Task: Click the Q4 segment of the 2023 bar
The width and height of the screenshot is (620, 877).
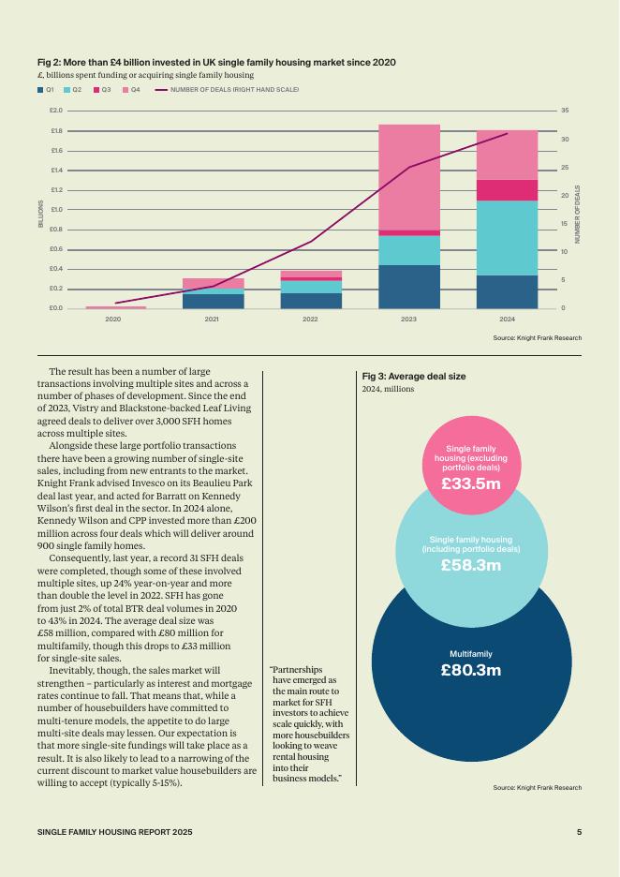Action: tap(409, 177)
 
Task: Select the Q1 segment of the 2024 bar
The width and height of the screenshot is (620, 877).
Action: tap(507, 291)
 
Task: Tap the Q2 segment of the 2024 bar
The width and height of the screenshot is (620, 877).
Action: tap(507, 238)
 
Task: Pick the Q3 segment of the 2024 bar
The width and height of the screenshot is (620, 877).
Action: tap(507, 190)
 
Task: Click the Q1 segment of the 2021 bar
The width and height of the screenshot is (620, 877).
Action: tap(213, 301)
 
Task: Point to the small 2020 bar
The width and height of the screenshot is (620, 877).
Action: tap(115, 307)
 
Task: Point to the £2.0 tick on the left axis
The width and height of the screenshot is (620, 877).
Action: tap(55, 111)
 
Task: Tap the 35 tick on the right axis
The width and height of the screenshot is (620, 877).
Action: tap(565, 111)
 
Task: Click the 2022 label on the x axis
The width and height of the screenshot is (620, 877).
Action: tap(310, 320)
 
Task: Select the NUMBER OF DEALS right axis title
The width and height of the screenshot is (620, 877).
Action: tap(578, 215)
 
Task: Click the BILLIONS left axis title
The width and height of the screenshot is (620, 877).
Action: tap(40, 214)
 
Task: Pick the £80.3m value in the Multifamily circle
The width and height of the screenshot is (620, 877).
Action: tap(471, 670)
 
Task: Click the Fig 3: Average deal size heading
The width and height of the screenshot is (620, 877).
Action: tap(414, 377)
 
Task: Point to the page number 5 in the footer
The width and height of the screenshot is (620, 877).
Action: tap(579, 832)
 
